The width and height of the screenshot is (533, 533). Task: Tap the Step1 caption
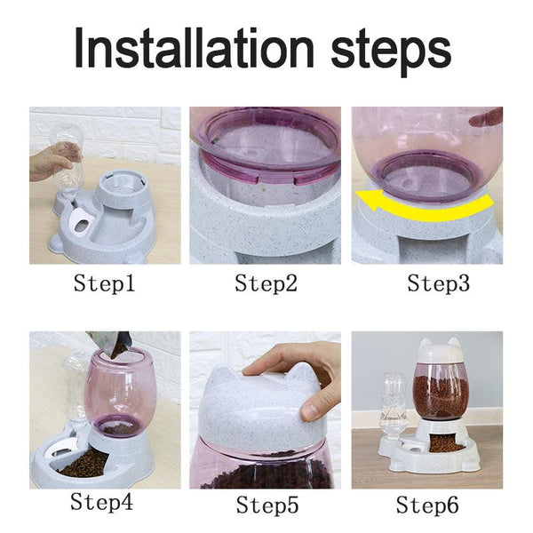(104, 284)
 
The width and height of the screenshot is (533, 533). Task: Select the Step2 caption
(266, 284)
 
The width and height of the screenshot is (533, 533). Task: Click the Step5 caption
(266, 505)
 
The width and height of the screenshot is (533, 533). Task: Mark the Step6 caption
(427, 505)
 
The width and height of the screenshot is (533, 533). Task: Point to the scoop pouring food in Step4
(111, 345)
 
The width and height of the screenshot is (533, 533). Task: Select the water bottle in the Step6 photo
(390, 405)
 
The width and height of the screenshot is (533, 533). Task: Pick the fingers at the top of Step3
(487, 117)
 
